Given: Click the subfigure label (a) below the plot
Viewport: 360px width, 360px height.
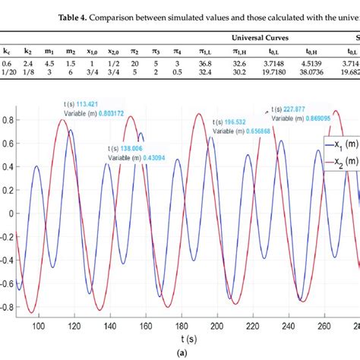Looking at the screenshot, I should [180, 354].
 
